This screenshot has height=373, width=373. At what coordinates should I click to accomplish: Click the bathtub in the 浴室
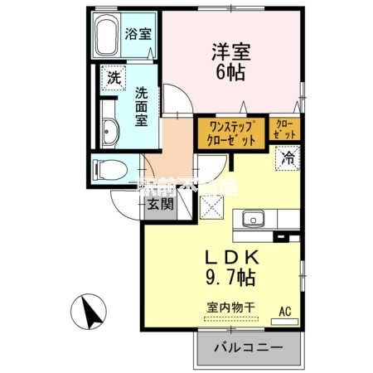(x=106, y=36)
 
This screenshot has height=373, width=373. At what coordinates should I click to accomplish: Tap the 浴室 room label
(x=138, y=34)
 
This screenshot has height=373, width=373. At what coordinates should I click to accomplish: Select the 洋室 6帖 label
(x=230, y=61)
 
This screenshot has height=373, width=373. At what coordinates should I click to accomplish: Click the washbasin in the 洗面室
(x=109, y=130)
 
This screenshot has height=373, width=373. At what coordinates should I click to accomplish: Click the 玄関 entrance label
(x=160, y=205)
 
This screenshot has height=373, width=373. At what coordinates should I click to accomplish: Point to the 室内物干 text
(x=225, y=306)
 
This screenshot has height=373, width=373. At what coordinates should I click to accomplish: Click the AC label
(x=284, y=312)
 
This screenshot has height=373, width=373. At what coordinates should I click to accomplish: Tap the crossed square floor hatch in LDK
(x=215, y=208)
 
